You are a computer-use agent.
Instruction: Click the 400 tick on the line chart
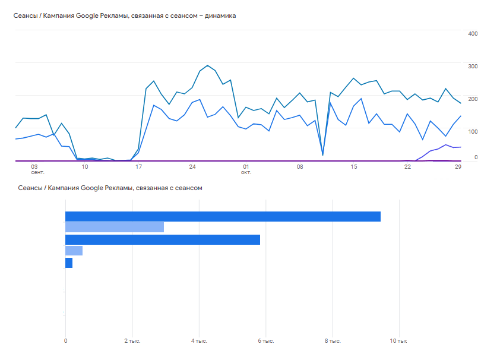point(473,34)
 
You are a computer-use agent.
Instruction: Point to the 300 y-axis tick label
point(473,67)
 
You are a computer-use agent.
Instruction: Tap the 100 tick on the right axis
point(473,132)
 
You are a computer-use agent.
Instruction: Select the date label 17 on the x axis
point(138,167)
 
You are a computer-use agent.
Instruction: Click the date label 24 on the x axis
point(192,167)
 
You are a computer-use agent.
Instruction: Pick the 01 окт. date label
point(246,169)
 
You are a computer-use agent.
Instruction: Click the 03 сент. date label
point(37,169)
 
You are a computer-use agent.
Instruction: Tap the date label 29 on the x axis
point(458,167)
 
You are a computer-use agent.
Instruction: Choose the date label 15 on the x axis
point(354,167)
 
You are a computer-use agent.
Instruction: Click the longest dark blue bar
point(223,216)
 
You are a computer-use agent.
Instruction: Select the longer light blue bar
point(115,228)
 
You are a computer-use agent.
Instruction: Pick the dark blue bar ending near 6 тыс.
point(163,240)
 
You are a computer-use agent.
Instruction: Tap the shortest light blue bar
point(74,251)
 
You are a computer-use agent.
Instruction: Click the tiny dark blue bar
point(69,263)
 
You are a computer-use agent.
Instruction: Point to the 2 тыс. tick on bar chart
point(132,341)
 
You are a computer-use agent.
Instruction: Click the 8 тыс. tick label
point(333,341)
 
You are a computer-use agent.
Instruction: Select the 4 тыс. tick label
point(199,341)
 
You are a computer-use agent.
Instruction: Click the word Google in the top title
point(87,16)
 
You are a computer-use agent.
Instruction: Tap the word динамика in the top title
point(220,15)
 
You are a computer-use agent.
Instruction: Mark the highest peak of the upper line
point(208,65)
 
